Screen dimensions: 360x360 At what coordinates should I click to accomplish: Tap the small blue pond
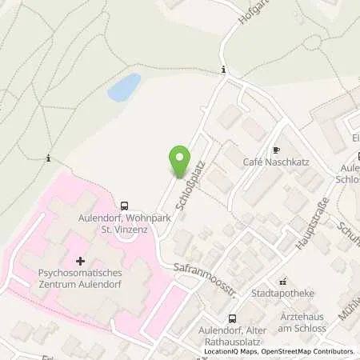click(x=123, y=86)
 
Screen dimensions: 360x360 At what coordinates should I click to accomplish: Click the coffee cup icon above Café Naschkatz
click(x=275, y=149)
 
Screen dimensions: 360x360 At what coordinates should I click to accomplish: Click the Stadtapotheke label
click(x=282, y=294)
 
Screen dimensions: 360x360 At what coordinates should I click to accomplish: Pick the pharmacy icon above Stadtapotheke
click(x=282, y=282)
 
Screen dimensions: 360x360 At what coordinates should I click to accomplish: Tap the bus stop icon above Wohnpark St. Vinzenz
click(x=125, y=205)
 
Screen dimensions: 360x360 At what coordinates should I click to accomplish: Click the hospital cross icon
click(x=80, y=261)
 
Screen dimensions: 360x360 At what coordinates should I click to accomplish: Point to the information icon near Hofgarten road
click(x=223, y=70)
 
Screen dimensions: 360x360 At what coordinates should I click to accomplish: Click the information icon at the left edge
click(x=49, y=158)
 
